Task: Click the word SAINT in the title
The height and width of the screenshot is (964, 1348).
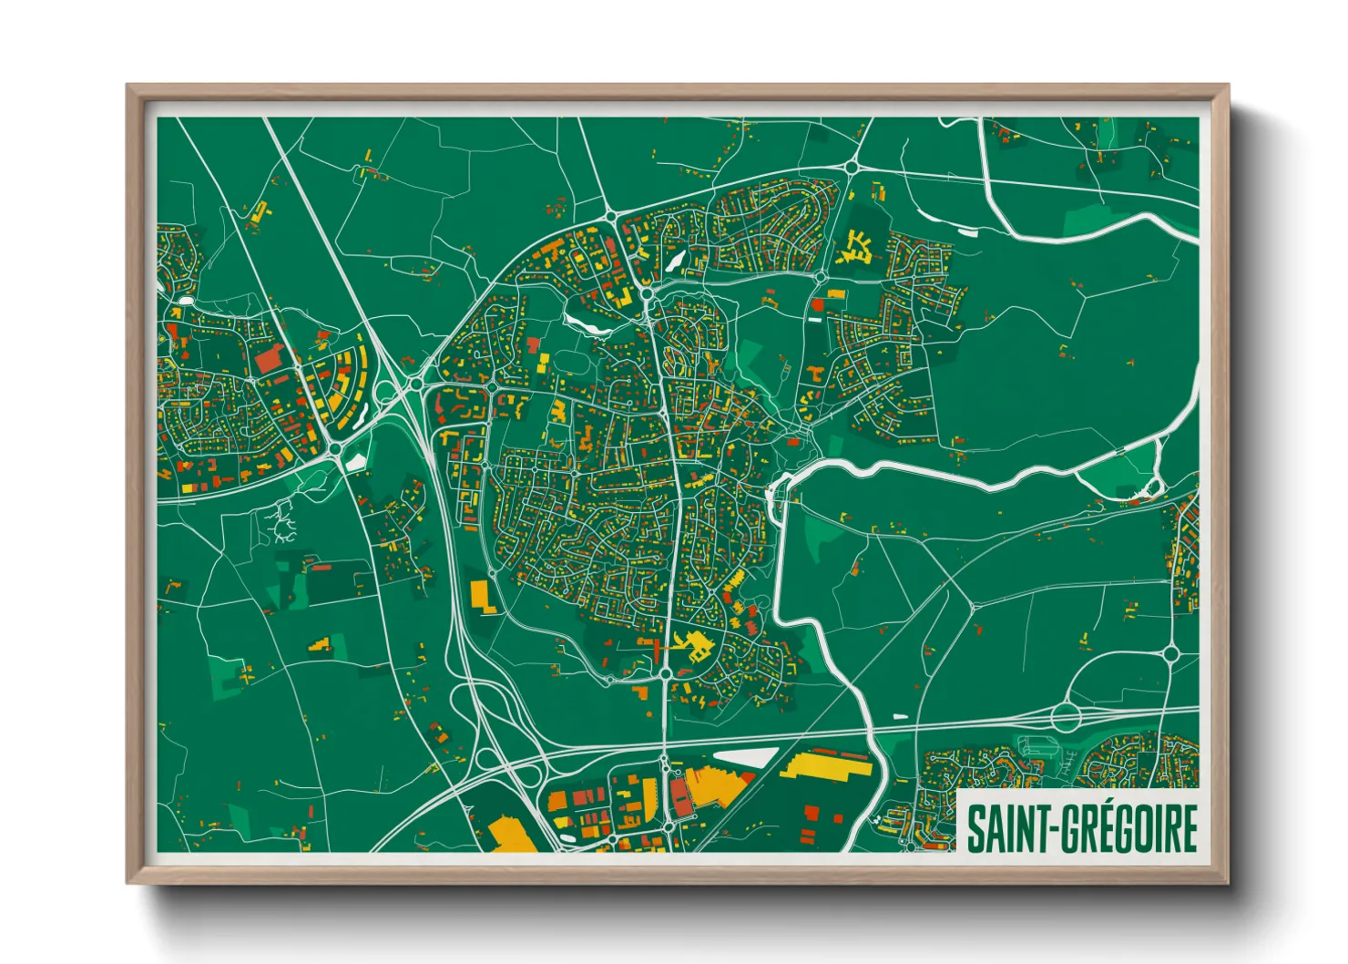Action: coord(1004,827)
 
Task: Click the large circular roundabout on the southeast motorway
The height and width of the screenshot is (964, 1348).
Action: coord(1065,716)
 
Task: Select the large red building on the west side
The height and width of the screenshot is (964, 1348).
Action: coord(268,358)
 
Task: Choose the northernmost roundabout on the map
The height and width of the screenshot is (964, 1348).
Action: coord(852,167)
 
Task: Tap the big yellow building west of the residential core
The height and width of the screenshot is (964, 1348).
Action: coord(480,594)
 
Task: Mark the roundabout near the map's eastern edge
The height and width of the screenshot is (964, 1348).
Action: coord(1171,653)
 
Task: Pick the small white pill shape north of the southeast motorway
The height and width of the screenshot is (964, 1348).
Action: coord(901,717)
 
